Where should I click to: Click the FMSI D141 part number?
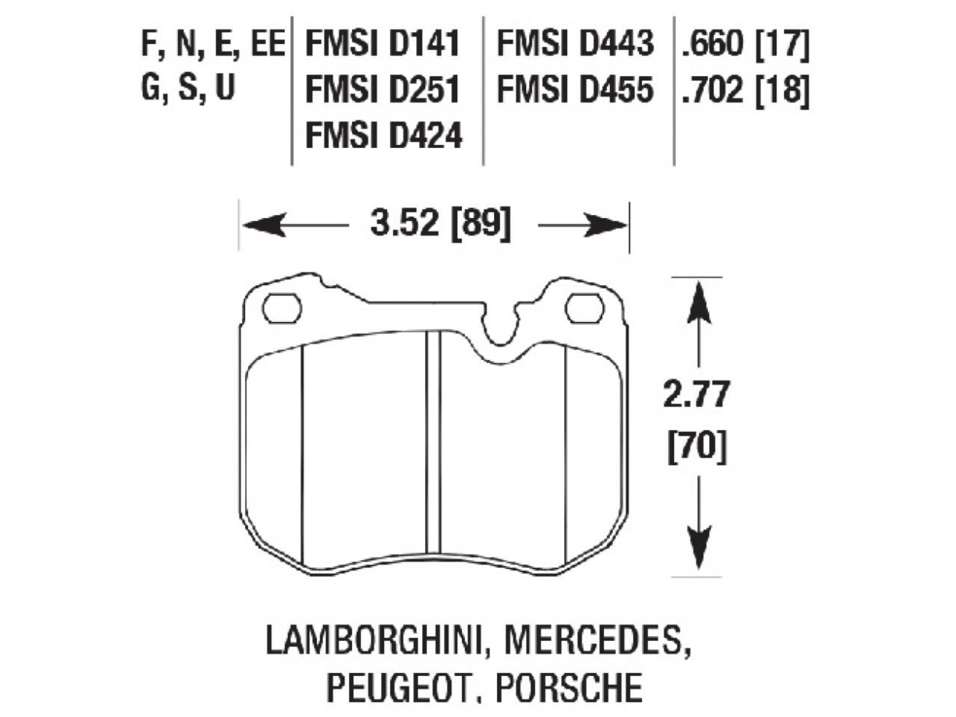(381, 45)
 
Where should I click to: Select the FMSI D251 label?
(381, 90)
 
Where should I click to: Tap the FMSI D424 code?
(383, 136)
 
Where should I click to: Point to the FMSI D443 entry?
(575, 45)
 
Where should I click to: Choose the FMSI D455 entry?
(575, 90)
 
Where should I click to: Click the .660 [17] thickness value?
(744, 45)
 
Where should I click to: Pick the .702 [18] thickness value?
(744, 90)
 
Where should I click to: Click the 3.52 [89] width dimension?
(441, 223)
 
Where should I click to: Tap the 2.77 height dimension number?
(696, 395)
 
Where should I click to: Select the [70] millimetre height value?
(696, 449)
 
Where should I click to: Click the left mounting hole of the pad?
(283, 308)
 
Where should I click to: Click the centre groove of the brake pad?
(433, 441)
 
